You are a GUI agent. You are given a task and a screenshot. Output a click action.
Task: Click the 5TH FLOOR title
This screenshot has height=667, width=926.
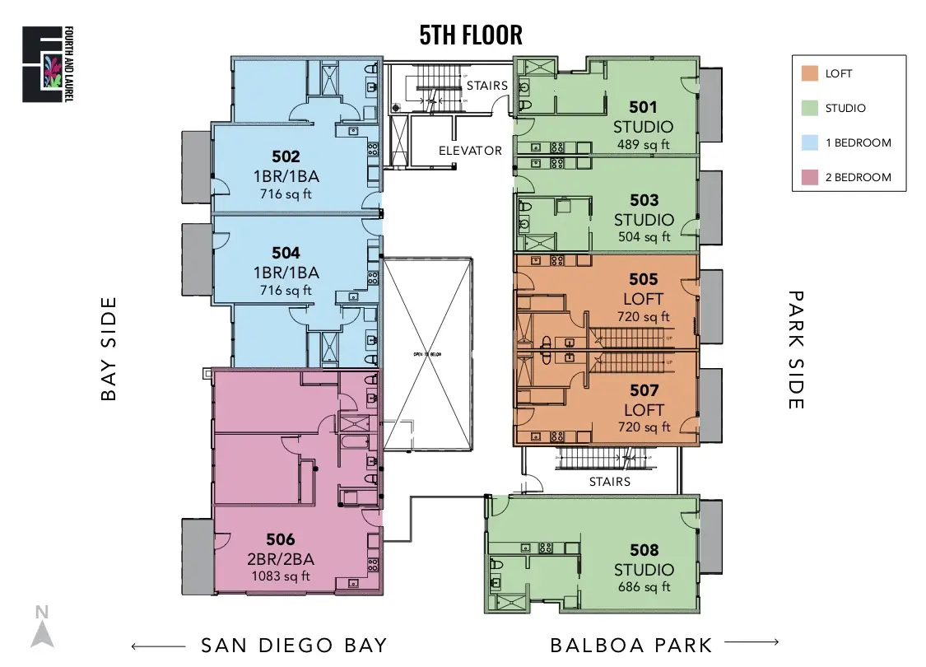pyautogui.click(x=471, y=35)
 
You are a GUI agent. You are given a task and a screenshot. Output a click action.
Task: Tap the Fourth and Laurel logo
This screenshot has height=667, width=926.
pyautogui.click(x=43, y=64)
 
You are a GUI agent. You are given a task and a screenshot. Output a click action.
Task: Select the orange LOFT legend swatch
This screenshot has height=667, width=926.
pyautogui.click(x=809, y=73)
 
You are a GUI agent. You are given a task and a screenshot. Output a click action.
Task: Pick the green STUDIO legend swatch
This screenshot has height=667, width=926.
pyautogui.click(x=809, y=108)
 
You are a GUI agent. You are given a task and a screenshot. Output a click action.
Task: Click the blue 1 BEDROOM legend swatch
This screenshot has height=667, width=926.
pyautogui.click(x=809, y=142)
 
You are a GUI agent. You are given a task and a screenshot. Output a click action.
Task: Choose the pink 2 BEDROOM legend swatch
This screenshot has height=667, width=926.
pyautogui.click(x=809, y=177)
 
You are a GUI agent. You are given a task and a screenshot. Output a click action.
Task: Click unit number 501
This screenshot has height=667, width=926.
pyautogui.click(x=643, y=106)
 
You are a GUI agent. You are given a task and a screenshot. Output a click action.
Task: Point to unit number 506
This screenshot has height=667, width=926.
pyautogui.click(x=280, y=540)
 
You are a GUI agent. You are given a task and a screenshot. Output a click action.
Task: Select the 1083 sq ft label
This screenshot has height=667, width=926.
pyautogui.click(x=280, y=576)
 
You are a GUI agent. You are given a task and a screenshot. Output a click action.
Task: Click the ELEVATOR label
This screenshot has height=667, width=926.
pyautogui.click(x=470, y=151)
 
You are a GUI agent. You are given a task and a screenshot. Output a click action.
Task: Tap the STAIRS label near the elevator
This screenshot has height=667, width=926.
pyautogui.click(x=486, y=86)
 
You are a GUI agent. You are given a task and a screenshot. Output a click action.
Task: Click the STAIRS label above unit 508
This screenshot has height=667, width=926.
pyautogui.click(x=609, y=482)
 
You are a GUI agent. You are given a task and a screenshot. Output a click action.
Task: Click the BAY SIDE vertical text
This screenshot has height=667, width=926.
pyautogui.click(x=109, y=348)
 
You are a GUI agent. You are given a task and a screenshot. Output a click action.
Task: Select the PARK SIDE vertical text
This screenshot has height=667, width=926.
pyautogui.click(x=795, y=348)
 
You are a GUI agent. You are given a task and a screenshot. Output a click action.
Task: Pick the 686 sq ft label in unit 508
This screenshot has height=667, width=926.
pyautogui.click(x=644, y=587)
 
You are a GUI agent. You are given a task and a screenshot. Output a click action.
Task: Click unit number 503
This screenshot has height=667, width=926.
pyautogui.click(x=644, y=200)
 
